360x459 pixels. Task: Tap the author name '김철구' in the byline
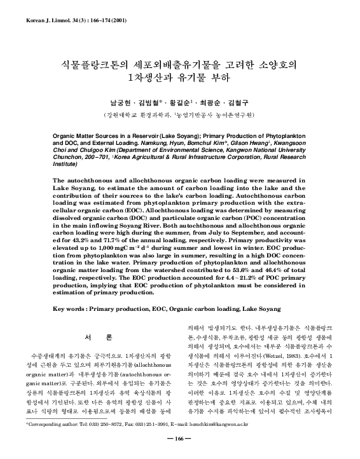click(x=239, y=102)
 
